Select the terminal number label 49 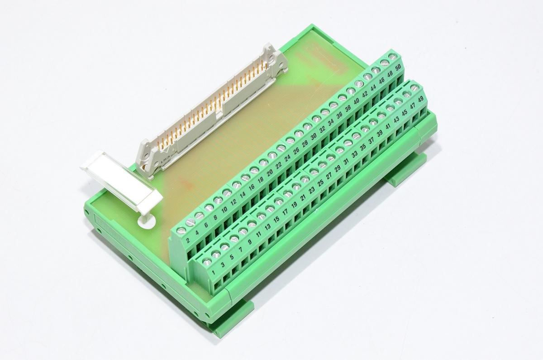421,99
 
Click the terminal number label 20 270,172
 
